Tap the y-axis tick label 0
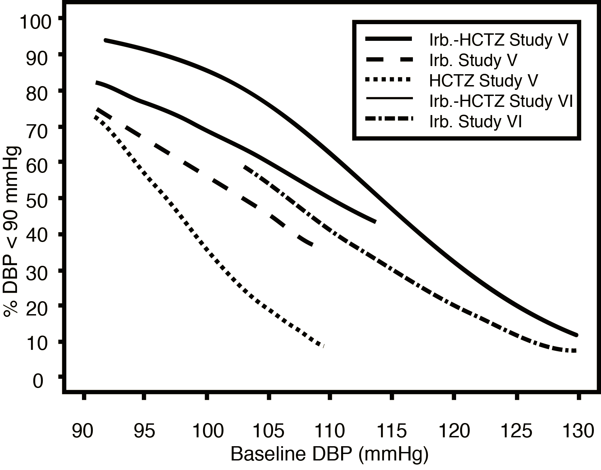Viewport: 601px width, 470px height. click(38, 381)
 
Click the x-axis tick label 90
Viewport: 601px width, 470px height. click(82, 431)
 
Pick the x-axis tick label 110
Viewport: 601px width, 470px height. click(330, 431)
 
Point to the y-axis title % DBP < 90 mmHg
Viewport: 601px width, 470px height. click(12, 231)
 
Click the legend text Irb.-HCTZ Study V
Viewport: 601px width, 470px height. click(499, 40)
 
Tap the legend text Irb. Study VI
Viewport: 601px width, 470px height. click(475, 121)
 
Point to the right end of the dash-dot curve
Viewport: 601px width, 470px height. click(575, 351)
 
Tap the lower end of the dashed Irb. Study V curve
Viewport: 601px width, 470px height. click(311, 244)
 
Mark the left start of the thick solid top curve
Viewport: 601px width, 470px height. click(106, 40)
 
